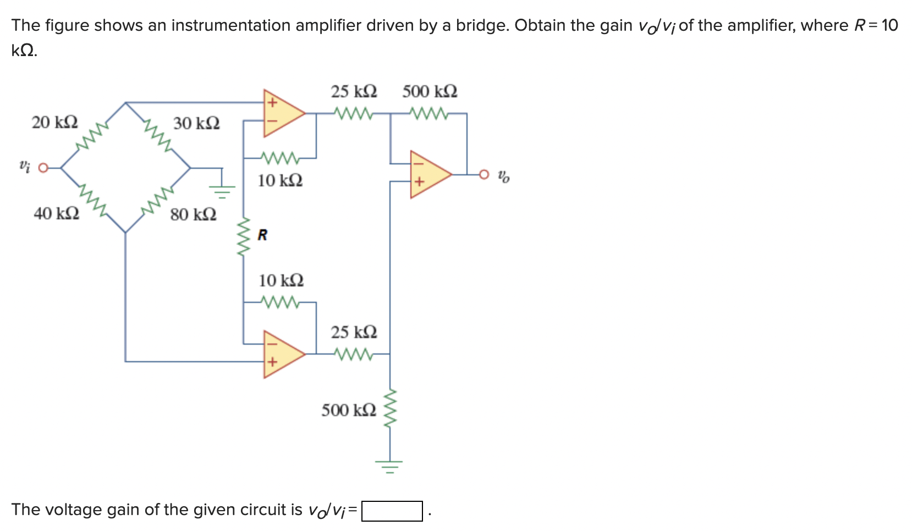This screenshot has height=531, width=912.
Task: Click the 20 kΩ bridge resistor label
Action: (54, 122)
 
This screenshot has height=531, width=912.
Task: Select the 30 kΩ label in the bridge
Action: (196, 123)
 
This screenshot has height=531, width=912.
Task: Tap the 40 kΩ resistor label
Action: (56, 213)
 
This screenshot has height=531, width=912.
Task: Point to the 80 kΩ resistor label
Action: (193, 214)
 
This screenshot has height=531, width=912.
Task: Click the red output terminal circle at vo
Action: (484, 175)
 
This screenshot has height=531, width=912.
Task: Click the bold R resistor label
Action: (262, 235)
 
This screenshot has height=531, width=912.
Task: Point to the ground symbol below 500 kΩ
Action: (390, 467)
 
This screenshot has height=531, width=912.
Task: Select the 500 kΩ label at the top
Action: (430, 91)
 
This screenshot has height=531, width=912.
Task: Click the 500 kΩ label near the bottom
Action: (349, 410)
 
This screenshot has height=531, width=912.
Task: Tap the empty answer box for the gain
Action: (392, 511)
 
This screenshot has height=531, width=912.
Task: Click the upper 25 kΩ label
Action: (354, 91)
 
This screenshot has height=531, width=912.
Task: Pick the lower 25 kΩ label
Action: (354, 332)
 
